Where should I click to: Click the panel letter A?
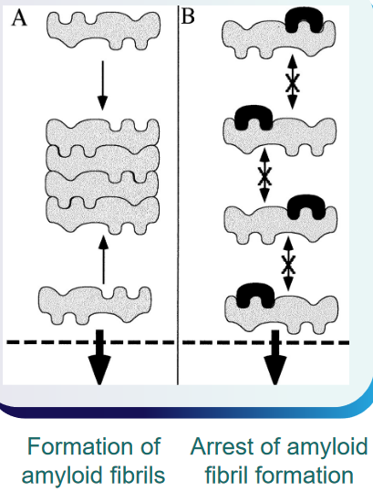click(19, 18)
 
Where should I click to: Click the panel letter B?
click(188, 16)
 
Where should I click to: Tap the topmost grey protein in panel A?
click(104, 30)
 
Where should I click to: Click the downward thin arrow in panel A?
click(102, 85)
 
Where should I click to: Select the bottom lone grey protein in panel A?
click(95, 306)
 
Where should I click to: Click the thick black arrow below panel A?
click(99, 357)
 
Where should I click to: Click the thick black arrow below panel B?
click(275, 357)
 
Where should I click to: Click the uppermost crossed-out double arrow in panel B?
click(292, 82)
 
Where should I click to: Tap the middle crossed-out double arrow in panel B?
click(264, 175)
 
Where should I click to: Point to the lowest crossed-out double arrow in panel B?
click(288, 264)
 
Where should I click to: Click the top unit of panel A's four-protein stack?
click(103, 133)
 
